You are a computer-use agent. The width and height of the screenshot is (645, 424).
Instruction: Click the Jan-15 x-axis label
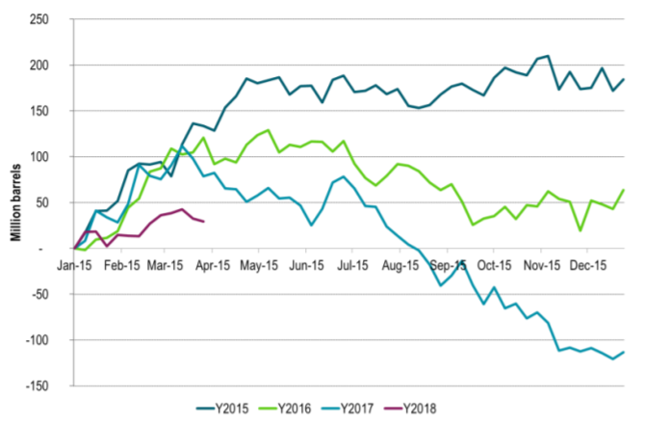[x=73, y=261]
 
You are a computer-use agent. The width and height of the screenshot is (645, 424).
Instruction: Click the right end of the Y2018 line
[x=203, y=222]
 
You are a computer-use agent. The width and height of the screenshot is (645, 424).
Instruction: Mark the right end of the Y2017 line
[x=623, y=352]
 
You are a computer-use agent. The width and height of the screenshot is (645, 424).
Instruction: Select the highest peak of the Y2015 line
[x=548, y=56]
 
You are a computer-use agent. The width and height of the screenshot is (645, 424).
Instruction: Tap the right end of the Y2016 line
[x=623, y=190]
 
